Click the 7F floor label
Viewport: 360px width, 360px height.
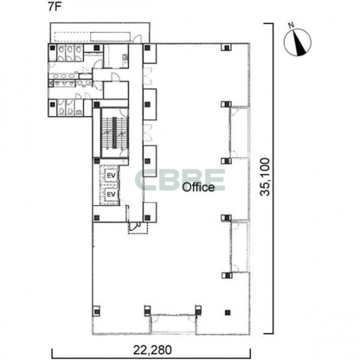pos(54,7)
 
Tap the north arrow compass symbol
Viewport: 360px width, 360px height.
pos(298,42)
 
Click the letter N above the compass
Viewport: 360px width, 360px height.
pos(292,24)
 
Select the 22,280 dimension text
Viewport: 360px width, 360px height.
pos(152,350)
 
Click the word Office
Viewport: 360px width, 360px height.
pos(199,187)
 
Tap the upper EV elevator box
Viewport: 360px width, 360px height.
pos(111,175)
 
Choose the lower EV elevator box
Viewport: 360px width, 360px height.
pos(111,195)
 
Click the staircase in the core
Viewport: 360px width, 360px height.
pos(114,133)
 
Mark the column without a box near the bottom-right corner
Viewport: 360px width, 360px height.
pos(228,312)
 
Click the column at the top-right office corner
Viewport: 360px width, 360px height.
pos(226,48)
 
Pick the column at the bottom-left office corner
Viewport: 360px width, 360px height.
pos(97,311)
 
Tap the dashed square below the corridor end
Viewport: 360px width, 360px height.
pos(138,228)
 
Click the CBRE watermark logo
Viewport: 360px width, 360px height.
pos(180,180)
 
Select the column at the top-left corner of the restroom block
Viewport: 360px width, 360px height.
pos(52,48)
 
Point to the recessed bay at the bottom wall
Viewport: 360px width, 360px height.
pos(173,324)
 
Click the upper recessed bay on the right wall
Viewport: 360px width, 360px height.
pos(240,132)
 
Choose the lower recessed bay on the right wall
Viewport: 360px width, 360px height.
pos(240,246)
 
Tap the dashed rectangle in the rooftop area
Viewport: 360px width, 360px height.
pos(92,37)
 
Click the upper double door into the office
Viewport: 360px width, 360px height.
pos(148,76)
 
